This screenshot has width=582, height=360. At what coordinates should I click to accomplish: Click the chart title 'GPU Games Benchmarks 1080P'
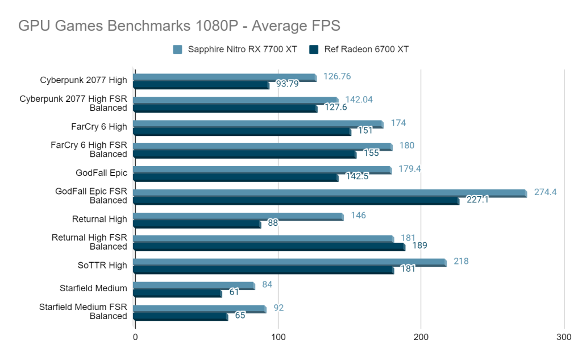(179, 26)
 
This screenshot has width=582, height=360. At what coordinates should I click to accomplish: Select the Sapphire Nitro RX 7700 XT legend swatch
(177, 49)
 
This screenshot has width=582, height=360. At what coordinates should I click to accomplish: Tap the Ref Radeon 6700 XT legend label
(366, 49)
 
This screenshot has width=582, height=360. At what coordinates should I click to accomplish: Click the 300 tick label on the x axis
(564, 337)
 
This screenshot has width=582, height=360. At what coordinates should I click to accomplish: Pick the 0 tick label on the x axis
(135, 337)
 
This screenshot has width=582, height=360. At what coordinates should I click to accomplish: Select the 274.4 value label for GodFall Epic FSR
(544, 192)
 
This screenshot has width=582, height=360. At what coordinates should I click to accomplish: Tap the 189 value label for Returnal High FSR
(419, 246)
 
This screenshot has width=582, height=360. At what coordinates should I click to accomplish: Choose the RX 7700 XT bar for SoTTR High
(289, 262)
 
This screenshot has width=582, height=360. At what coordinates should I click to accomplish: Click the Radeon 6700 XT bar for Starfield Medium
(177, 293)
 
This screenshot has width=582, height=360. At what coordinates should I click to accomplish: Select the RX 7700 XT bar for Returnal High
(238, 216)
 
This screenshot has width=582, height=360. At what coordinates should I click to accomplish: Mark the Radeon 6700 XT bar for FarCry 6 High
(242, 132)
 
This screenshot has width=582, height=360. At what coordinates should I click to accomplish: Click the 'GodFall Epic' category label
(101, 172)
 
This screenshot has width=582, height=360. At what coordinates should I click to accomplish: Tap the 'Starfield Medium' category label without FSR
(93, 288)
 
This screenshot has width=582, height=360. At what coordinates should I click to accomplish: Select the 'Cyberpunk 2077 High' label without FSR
(84, 80)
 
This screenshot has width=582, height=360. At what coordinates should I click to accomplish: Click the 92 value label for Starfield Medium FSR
(278, 308)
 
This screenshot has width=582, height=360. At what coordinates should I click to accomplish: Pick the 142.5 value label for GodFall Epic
(357, 176)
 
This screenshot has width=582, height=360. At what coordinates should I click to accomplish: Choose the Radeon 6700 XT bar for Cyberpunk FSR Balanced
(225, 108)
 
